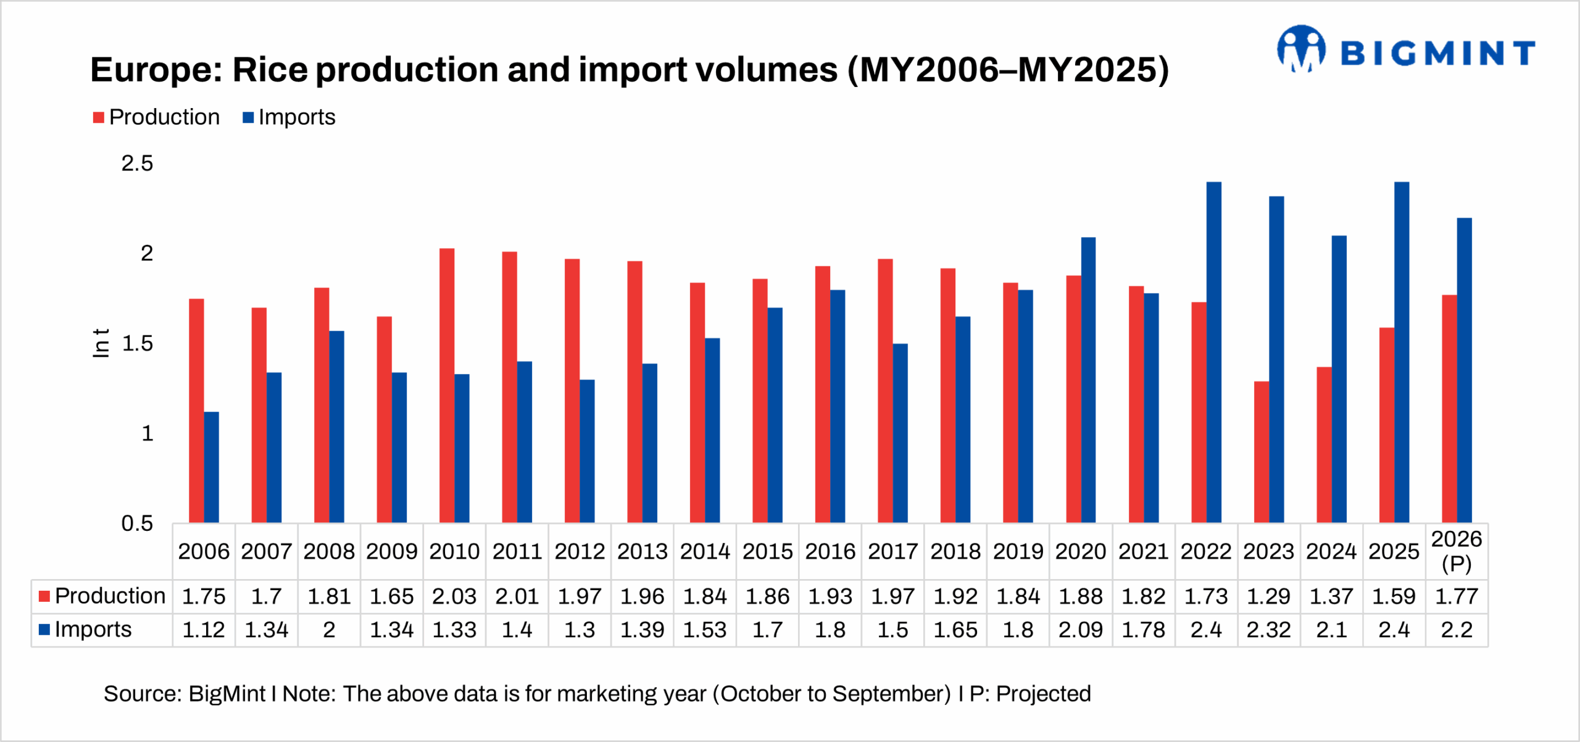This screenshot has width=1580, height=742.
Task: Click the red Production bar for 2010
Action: (x=447, y=386)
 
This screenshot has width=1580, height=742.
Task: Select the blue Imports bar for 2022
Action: (x=1213, y=352)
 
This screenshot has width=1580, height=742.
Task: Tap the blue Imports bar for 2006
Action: (x=211, y=467)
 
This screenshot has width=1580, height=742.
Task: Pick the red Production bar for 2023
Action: (x=1262, y=452)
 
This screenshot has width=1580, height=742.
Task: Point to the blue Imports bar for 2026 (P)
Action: (x=1464, y=370)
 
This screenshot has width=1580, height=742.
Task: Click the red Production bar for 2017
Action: (x=885, y=391)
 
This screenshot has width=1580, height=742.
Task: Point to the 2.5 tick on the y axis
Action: (x=137, y=164)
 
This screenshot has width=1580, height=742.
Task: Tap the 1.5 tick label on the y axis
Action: (x=137, y=344)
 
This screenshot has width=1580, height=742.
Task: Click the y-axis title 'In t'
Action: (x=101, y=343)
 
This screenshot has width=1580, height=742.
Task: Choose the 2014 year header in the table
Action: (x=705, y=551)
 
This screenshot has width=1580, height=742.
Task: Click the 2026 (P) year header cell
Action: (x=1456, y=551)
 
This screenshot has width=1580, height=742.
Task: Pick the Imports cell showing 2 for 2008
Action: (x=329, y=630)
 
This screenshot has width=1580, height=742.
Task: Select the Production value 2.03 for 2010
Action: (x=454, y=596)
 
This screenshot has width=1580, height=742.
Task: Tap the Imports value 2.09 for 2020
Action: (x=1080, y=630)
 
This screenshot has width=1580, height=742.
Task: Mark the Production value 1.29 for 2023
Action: (x=1268, y=596)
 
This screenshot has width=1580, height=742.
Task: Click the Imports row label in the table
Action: (x=93, y=630)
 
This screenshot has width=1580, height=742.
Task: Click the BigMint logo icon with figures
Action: (x=1301, y=49)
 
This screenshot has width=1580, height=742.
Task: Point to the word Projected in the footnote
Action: (x=1043, y=694)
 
